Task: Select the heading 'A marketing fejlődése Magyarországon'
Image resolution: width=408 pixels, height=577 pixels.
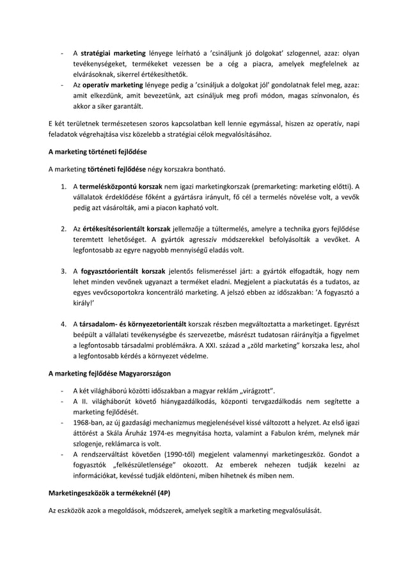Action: coord(110,375)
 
